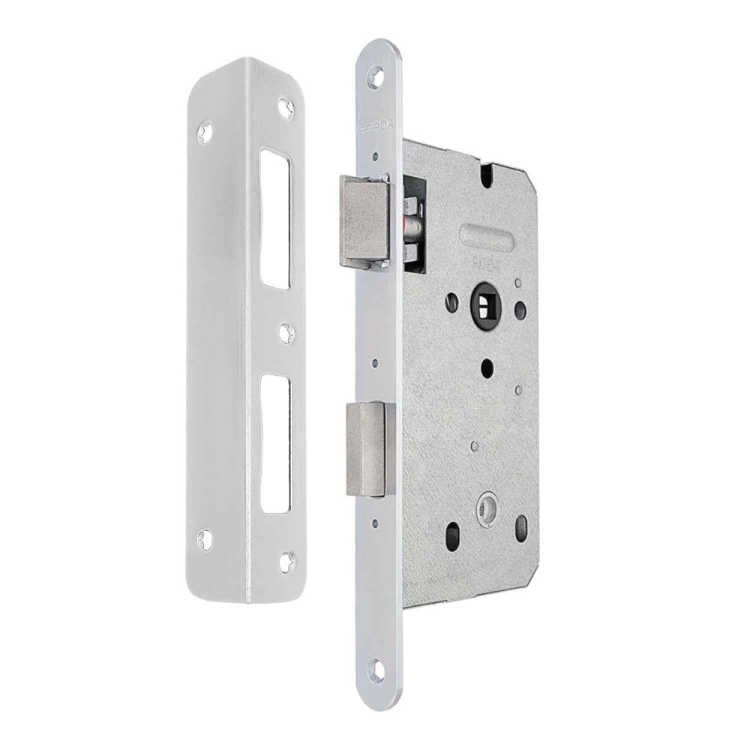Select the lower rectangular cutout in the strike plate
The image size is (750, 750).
[276, 442]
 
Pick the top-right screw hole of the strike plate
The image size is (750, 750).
[285, 107]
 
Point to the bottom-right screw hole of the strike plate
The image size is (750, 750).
[286, 558]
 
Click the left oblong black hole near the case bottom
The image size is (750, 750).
[452, 534]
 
